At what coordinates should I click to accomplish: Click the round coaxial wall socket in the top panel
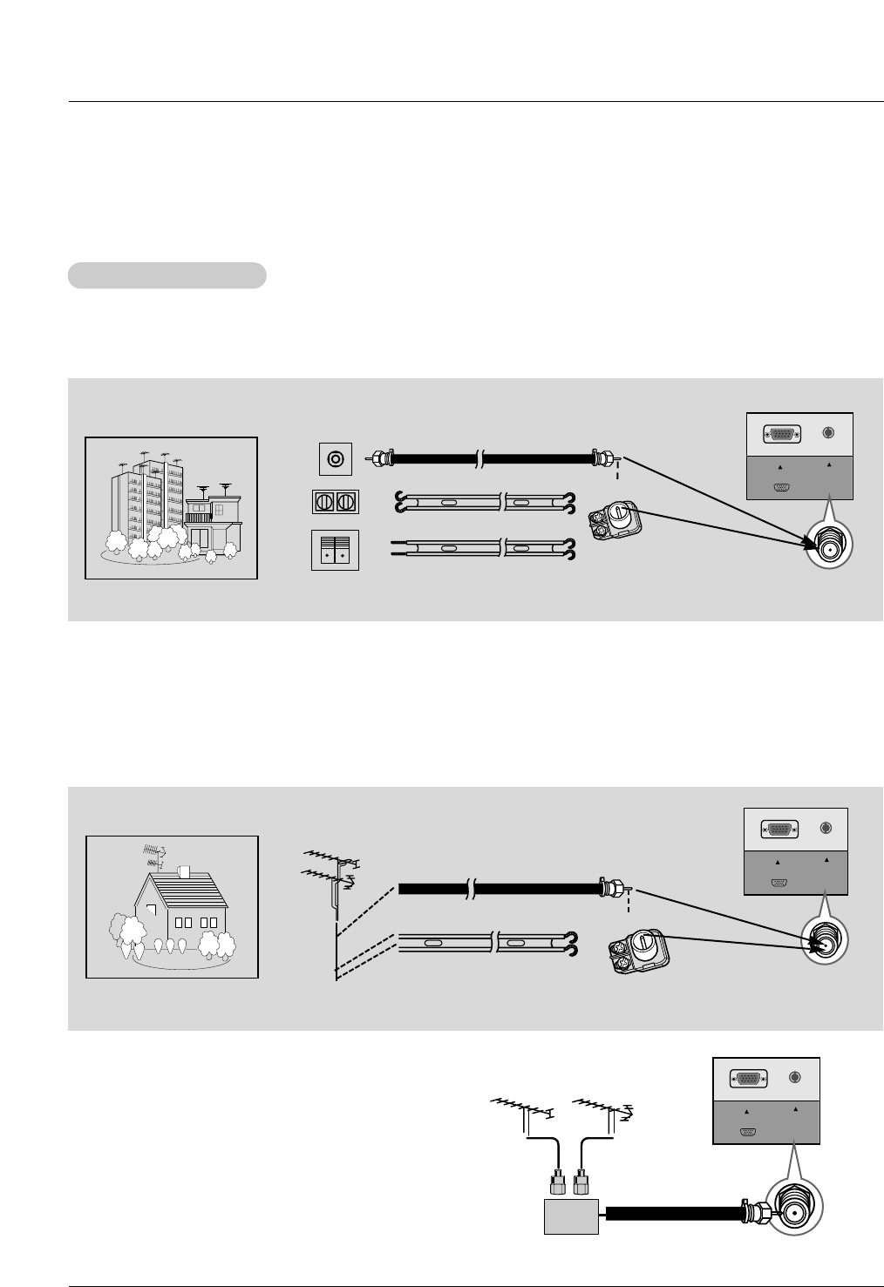[336, 457]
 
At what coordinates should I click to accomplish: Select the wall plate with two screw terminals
[336, 503]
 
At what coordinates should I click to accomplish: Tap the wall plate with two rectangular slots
[336, 550]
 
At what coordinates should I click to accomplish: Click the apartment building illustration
[171, 508]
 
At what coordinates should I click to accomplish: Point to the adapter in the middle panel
[639, 950]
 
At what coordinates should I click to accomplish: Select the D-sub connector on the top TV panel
[781, 435]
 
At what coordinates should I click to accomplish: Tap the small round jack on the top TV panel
[828, 432]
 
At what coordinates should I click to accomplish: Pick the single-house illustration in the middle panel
[172, 906]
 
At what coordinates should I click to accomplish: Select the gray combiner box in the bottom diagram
[571, 1216]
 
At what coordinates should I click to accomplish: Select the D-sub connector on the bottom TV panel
[747, 1079]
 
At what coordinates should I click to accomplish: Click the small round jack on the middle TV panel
[825, 829]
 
